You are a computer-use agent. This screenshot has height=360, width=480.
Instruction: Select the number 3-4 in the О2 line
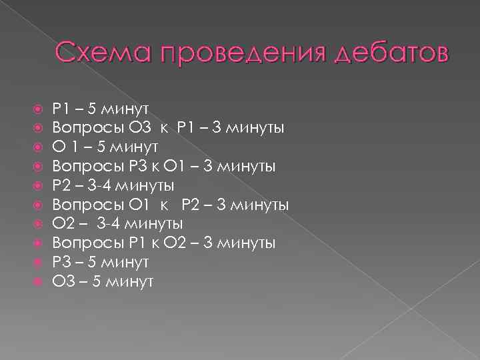[108, 223]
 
